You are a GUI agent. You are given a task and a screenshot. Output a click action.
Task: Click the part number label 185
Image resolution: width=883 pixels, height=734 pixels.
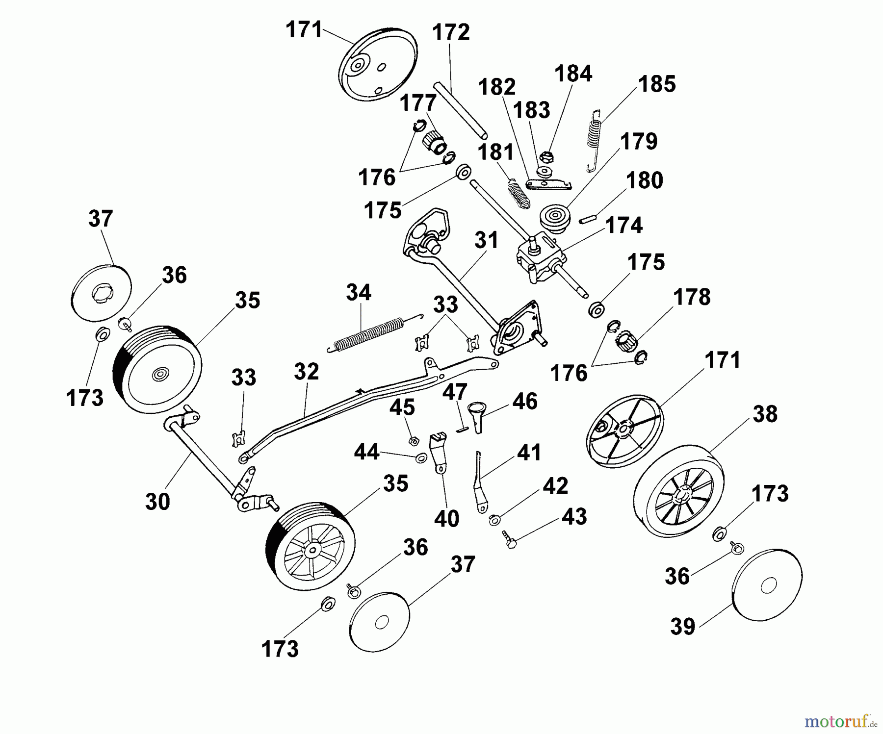657,84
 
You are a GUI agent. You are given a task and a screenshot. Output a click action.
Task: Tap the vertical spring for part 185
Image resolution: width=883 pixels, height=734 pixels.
595,140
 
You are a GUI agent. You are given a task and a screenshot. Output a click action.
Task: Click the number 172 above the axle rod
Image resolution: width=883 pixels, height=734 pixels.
451,32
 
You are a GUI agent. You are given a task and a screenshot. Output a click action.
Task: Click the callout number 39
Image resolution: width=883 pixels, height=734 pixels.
682,626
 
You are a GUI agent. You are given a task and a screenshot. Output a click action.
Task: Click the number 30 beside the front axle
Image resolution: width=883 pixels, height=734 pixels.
157,502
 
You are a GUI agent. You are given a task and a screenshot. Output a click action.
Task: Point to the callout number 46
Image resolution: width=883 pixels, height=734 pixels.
524,401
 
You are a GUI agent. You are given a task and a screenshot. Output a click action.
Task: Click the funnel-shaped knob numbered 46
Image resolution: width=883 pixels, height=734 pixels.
477,414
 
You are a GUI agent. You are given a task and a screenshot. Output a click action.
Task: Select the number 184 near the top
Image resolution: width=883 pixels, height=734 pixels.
573,74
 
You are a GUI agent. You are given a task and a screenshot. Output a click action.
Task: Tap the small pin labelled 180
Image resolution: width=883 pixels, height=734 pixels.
586,219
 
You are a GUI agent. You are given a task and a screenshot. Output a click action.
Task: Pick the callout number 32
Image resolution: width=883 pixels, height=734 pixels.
307,372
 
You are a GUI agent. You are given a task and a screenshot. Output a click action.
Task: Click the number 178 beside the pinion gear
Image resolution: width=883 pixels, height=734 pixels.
692,297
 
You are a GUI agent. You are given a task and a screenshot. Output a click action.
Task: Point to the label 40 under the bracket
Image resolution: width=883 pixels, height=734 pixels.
446,518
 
